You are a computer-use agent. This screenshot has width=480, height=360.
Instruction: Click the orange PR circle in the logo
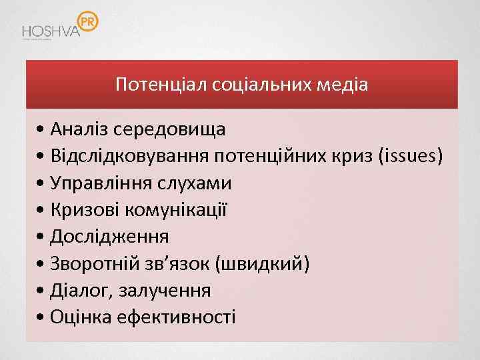pyautogui.click(x=87, y=23)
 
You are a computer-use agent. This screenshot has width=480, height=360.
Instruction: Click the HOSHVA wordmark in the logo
pyautogui.click(x=50, y=31)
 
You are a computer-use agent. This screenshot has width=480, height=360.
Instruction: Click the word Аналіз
pyautogui.click(x=79, y=128)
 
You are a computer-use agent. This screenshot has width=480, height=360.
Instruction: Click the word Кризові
pyautogui.click(x=84, y=210)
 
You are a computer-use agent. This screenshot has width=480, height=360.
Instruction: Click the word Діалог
pyautogui.click(x=77, y=291)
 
